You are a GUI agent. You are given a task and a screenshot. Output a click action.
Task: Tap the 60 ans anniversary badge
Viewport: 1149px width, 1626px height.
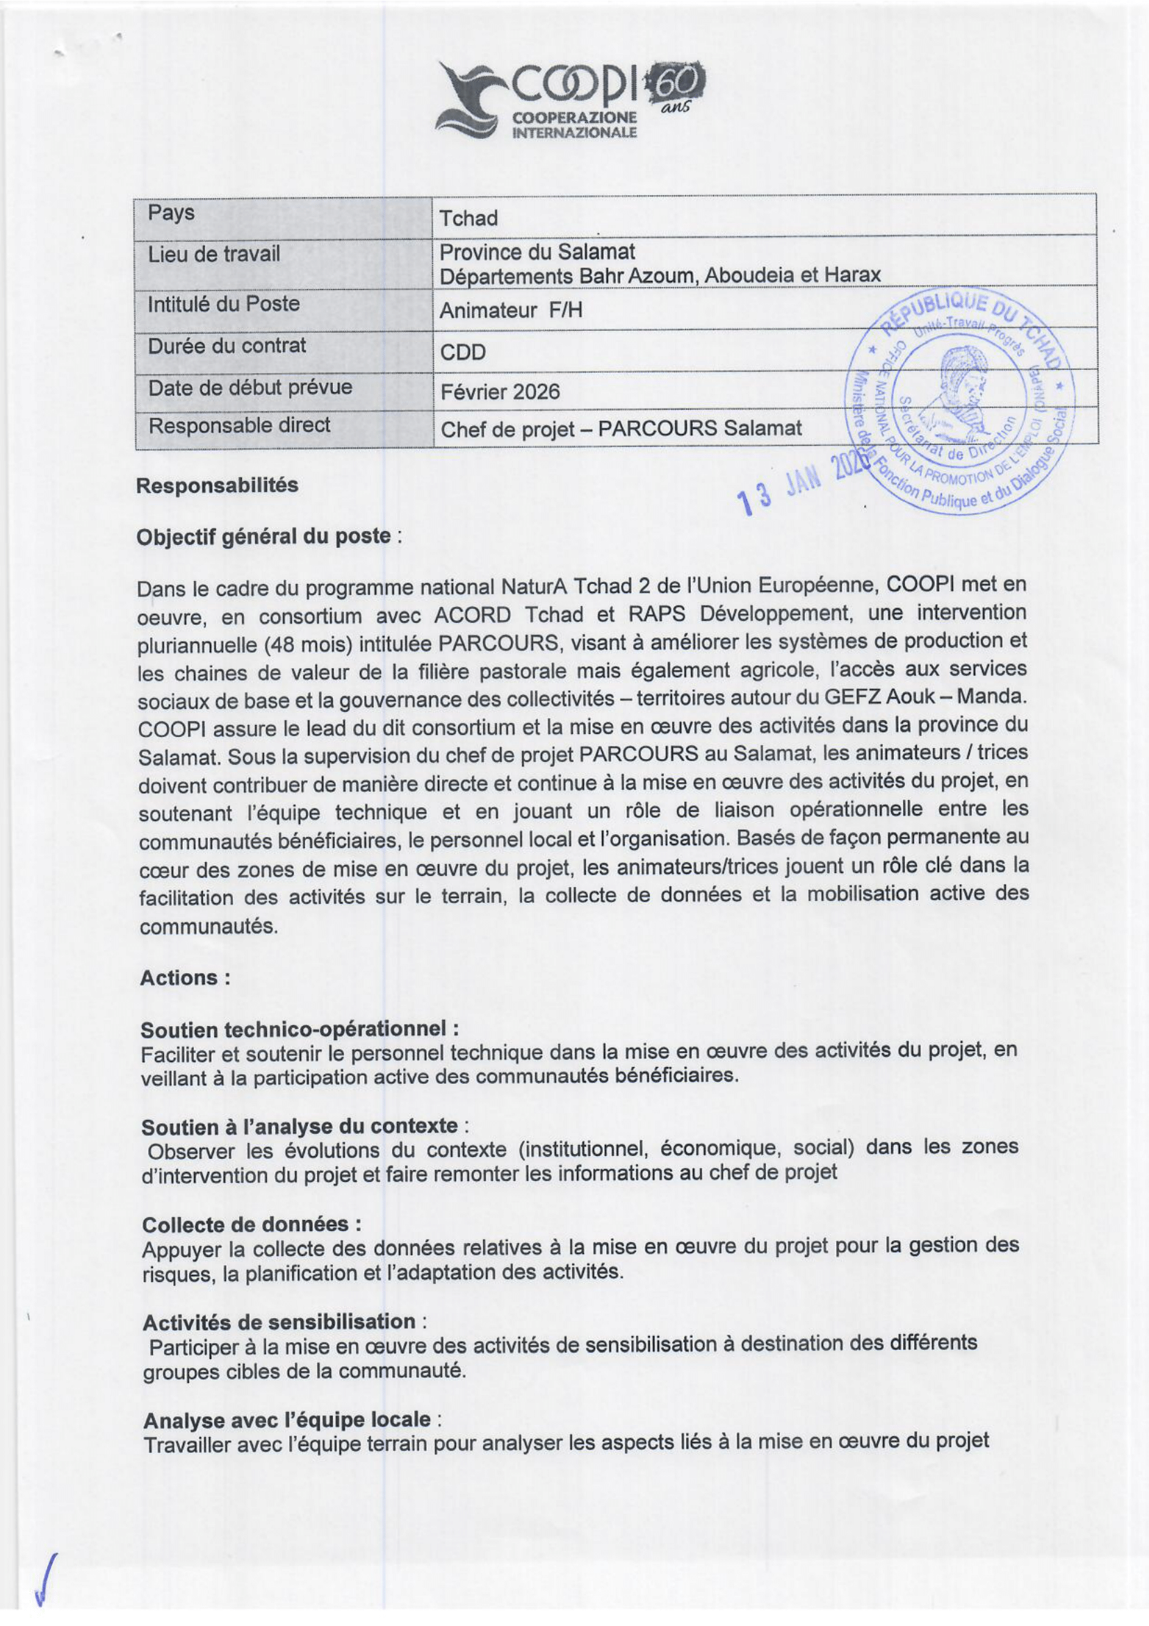(678, 88)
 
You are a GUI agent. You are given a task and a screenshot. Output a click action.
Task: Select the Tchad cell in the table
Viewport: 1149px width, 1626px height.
(468, 218)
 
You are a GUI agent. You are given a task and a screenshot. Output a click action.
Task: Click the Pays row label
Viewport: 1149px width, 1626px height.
(170, 213)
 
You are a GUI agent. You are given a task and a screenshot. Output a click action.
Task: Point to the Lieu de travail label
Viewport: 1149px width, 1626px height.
(214, 254)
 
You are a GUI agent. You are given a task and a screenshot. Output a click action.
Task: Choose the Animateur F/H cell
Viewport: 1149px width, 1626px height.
(510, 310)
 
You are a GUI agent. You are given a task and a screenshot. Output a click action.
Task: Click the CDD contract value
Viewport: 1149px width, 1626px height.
(462, 352)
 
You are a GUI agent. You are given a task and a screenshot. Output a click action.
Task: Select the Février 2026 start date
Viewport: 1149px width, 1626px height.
(500, 391)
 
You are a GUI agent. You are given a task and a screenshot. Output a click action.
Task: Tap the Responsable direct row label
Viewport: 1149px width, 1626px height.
(238, 425)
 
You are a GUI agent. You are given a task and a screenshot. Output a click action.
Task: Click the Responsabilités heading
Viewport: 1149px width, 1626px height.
(217, 486)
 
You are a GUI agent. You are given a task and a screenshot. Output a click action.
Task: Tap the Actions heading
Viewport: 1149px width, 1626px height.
(184, 978)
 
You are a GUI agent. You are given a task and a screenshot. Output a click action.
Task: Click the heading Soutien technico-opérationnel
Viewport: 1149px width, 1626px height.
(300, 1029)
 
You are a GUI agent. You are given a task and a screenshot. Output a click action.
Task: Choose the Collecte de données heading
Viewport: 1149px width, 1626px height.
(252, 1224)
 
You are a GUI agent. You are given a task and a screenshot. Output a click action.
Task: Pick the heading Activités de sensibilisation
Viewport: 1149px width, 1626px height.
(278, 1322)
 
